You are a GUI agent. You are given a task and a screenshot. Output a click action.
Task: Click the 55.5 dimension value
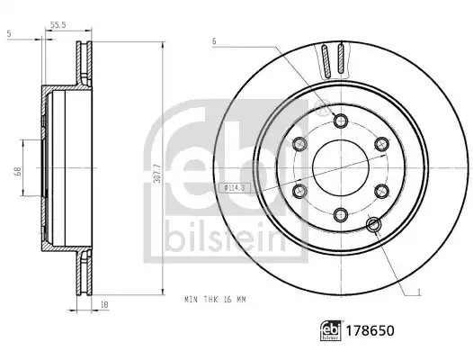pos(58,25)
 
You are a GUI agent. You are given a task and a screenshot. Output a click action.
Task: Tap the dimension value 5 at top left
pos(9,34)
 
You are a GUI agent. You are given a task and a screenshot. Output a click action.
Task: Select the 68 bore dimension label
pos(18,172)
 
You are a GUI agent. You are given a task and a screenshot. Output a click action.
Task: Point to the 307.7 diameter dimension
pos(156,173)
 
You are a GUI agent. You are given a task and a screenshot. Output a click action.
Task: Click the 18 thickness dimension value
pos(104,305)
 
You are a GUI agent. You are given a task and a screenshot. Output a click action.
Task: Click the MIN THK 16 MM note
pos(215,300)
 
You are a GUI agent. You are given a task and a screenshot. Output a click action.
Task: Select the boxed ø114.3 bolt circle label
pos(230,188)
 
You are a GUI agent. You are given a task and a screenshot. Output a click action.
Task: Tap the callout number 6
pos(214,41)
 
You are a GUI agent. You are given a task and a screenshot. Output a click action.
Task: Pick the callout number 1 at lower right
pos(418,292)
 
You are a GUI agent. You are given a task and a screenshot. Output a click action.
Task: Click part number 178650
pos(370,330)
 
